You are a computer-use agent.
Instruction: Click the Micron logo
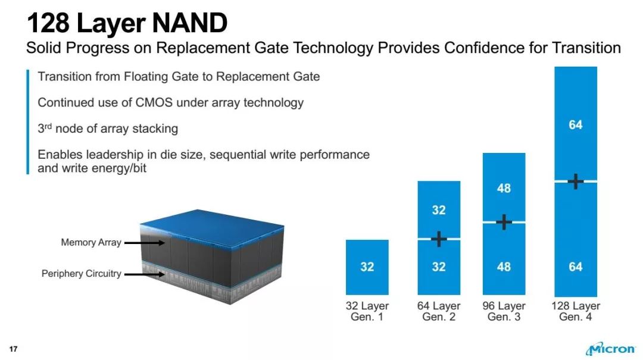[610, 349]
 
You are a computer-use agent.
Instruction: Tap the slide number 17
[13, 349]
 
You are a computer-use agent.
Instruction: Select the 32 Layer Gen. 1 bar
[367, 267]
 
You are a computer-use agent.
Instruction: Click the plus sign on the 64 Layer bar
[439, 239]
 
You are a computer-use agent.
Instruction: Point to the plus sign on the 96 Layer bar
[504, 222]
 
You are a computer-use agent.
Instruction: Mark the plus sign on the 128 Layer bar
[576, 181]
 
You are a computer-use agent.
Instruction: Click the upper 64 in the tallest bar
[575, 124]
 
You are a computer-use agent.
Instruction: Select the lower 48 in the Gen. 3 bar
[504, 267]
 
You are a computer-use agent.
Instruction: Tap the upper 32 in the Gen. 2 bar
[438, 210]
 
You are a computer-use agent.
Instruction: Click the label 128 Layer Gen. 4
[575, 311]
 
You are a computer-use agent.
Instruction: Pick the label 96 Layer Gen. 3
[504, 311]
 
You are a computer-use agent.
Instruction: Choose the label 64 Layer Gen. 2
[438, 311]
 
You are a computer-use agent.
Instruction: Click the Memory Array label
[91, 242]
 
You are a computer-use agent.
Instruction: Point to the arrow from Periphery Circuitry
[144, 274]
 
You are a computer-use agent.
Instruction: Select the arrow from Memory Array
[144, 243]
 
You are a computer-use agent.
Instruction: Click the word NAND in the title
[189, 23]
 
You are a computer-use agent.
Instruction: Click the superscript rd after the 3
[48, 126]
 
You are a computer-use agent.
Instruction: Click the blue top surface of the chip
[211, 227]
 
